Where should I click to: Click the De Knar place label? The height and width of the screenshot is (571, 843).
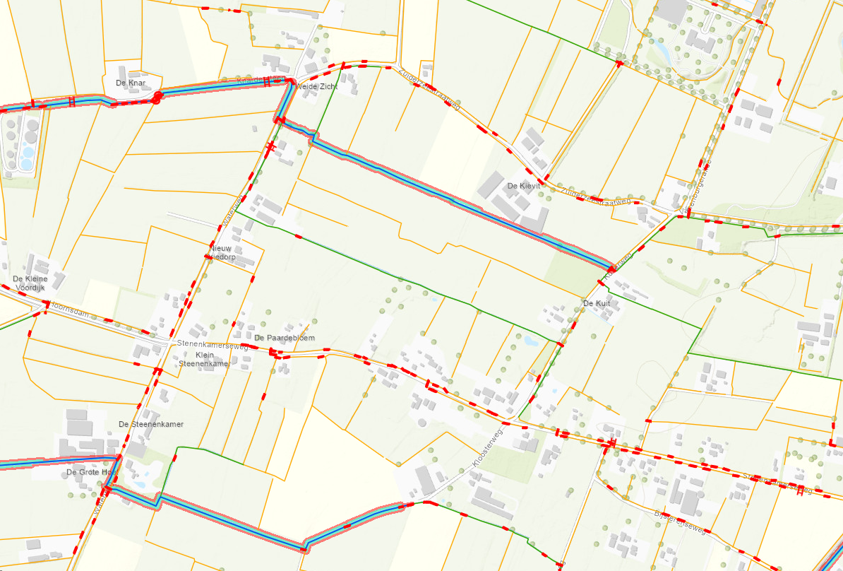pyautogui.click(x=130, y=83)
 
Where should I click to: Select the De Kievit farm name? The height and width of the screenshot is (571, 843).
pyautogui.click(x=524, y=186)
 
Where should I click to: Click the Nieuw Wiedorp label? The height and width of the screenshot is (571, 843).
pyautogui.click(x=222, y=252)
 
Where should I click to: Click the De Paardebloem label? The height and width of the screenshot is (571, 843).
pyautogui.click(x=284, y=338)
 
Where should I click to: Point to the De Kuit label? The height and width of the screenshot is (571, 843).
pyautogui.click(x=595, y=303)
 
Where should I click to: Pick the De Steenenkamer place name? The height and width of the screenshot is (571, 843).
pyautogui.click(x=151, y=424)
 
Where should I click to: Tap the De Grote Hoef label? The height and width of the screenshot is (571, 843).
pyautogui.click(x=90, y=472)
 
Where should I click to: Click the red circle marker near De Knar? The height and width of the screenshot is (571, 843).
pyautogui.click(x=158, y=95)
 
